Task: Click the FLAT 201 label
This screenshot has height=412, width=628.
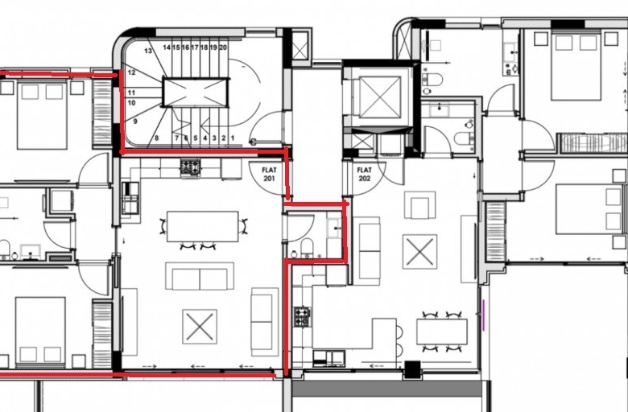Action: click(269, 174)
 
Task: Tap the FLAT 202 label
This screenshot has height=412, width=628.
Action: click(365, 174)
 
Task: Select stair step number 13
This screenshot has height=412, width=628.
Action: click(148, 51)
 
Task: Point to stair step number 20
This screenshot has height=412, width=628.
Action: click(223, 47)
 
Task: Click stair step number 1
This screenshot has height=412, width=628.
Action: click(233, 138)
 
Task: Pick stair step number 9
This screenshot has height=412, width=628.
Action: click(135, 121)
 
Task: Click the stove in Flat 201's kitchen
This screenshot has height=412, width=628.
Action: click(190, 167)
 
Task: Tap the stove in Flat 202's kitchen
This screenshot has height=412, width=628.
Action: click(303, 316)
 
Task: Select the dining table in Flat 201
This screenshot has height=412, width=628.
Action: click(203, 227)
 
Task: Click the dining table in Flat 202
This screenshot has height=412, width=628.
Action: click(442, 332)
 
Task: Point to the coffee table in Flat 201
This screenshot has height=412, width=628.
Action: click(200, 327)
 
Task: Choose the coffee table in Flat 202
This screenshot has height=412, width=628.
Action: click(419, 251)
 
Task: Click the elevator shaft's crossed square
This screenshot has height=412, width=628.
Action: click(380, 97)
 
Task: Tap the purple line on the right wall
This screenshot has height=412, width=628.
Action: click(483, 315)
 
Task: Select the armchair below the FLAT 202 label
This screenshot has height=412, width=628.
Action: click(419, 205)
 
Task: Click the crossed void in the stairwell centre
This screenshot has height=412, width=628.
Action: click(196, 93)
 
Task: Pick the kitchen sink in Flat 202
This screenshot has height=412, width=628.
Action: click(328, 358)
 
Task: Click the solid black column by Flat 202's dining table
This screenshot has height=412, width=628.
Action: click(412, 369)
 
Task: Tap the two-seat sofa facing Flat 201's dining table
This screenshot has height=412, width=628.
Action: click(200, 276)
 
